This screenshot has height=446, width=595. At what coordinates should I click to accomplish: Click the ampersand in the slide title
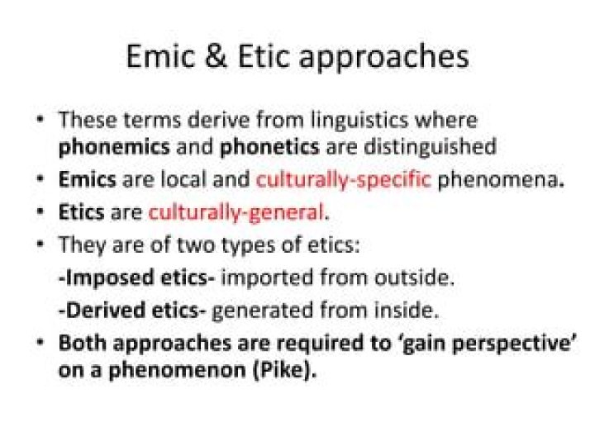tap(216, 57)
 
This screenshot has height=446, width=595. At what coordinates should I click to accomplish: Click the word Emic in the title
tap(160, 57)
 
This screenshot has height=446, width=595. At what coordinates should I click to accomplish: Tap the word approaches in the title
tap(384, 59)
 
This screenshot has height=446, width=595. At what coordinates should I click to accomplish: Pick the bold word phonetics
tap(269, 147)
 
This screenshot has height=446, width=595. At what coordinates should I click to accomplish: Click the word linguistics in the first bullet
tap(359, 121)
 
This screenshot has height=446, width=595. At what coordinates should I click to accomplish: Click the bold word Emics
tap(88, 179)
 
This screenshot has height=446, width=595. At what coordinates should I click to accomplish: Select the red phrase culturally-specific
tap(344, 180)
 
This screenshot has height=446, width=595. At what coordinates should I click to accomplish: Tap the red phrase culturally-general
tap(236, 213)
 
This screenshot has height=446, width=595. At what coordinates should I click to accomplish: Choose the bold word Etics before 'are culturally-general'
tap(81, 212)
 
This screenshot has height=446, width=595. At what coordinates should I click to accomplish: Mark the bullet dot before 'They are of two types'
tap(40, 244)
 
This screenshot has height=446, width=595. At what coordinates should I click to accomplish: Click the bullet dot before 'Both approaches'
tap(40, 342)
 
